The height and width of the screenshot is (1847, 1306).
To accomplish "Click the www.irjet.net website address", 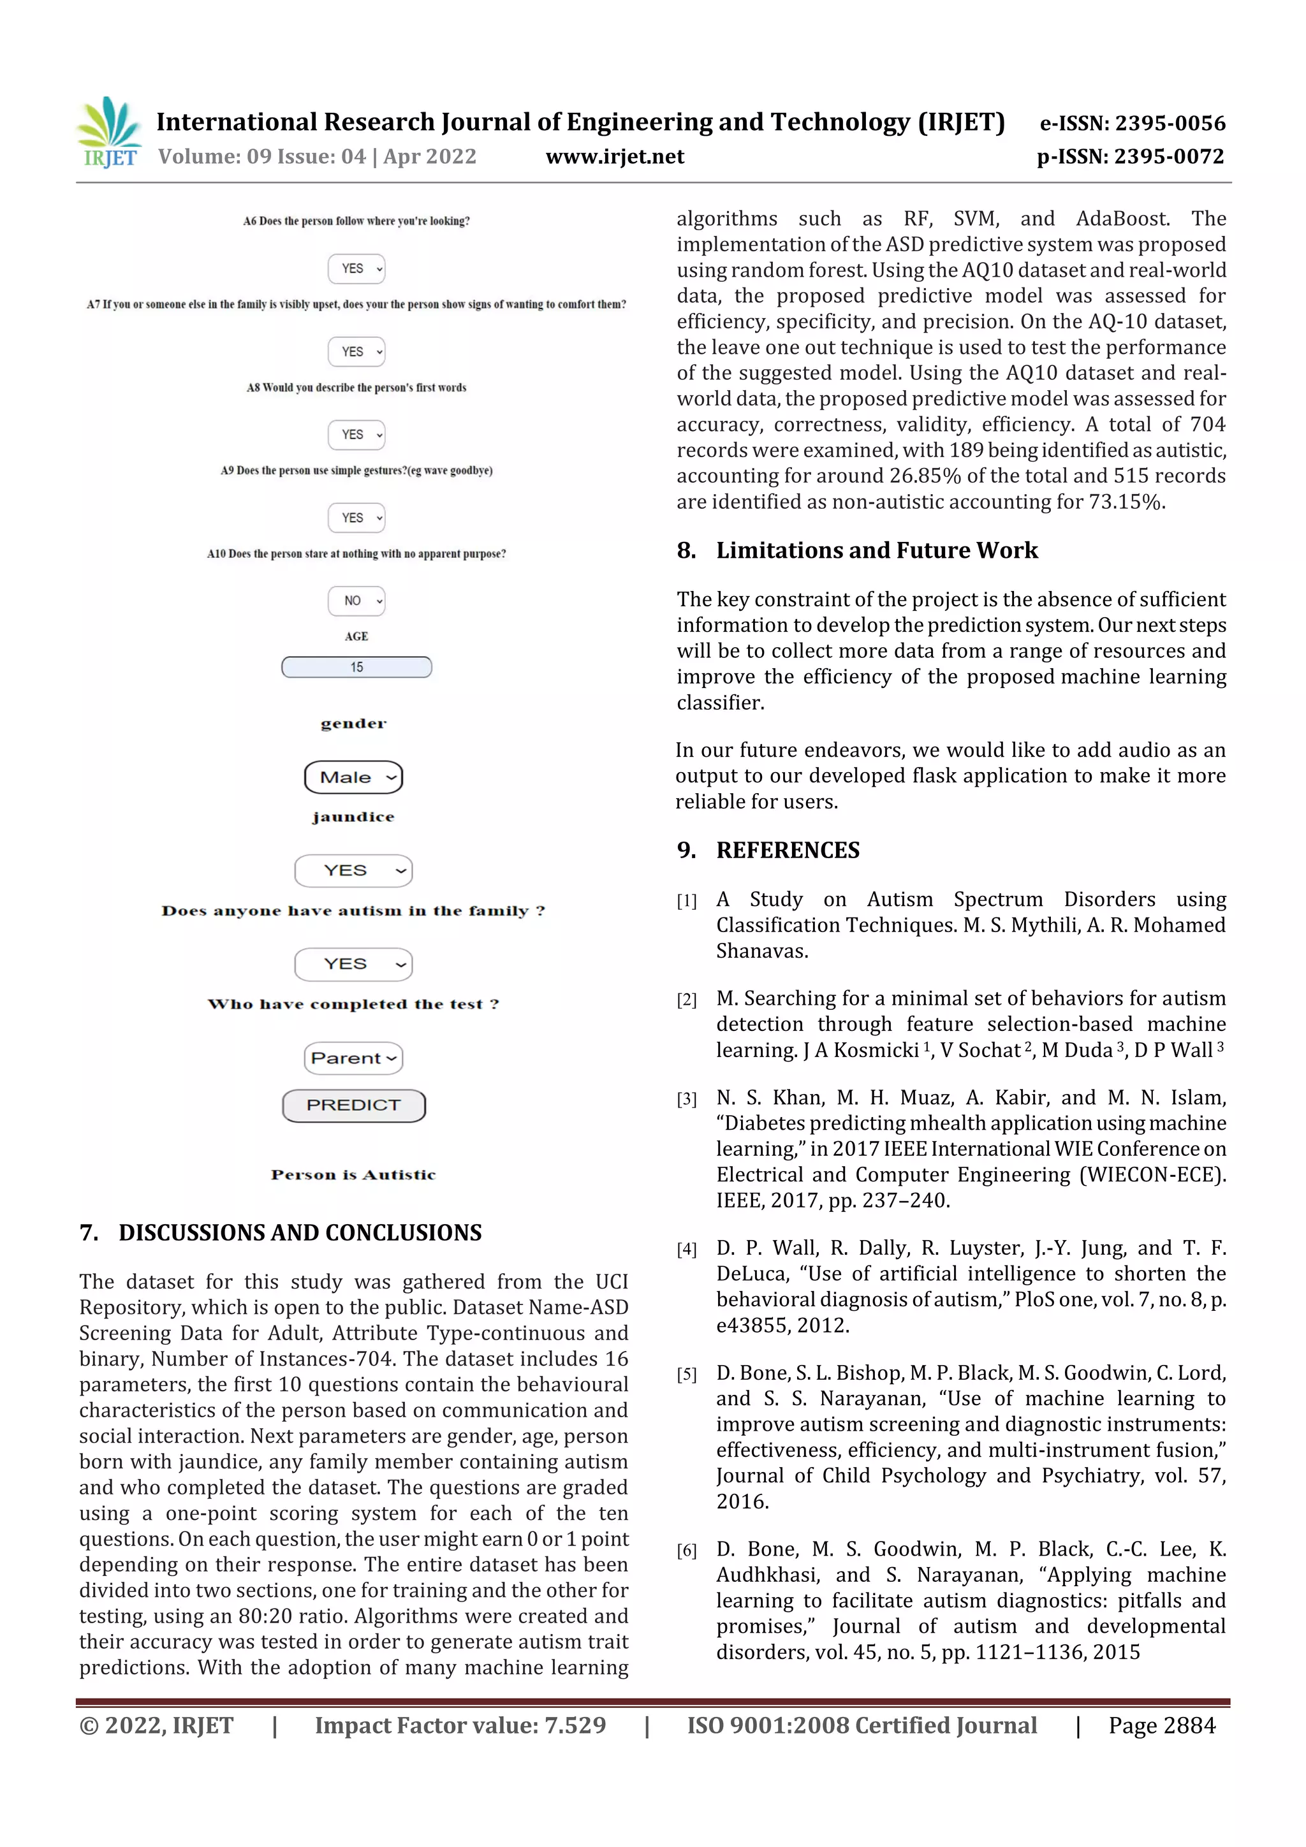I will pos(615,157).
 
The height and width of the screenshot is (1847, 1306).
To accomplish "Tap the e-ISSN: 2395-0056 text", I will pos(1132,123).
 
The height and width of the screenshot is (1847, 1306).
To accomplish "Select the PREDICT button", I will pos(353,1106).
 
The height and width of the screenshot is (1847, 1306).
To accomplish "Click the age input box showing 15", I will pos(356,667).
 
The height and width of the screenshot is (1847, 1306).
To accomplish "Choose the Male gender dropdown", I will pos(353,777).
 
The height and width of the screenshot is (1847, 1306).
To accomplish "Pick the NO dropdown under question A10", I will pos(356,601).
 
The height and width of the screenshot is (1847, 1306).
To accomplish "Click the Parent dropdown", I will pos(353,1058).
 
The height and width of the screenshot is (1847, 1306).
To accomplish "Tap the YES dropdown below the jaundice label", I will pos(353,870).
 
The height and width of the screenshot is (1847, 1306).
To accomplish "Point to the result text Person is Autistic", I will pos(353,1174).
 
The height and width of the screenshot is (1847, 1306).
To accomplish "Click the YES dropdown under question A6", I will pos(356,268).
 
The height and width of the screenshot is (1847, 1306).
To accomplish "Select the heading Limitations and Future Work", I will pos(876,550).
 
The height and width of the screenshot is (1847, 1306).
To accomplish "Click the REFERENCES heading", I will pos(787,850).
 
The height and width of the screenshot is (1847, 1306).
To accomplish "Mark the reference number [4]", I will pos(686,1250).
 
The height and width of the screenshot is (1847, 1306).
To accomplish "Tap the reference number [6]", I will pos(686,1550).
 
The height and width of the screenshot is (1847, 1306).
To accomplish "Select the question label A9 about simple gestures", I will pos(356,471).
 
